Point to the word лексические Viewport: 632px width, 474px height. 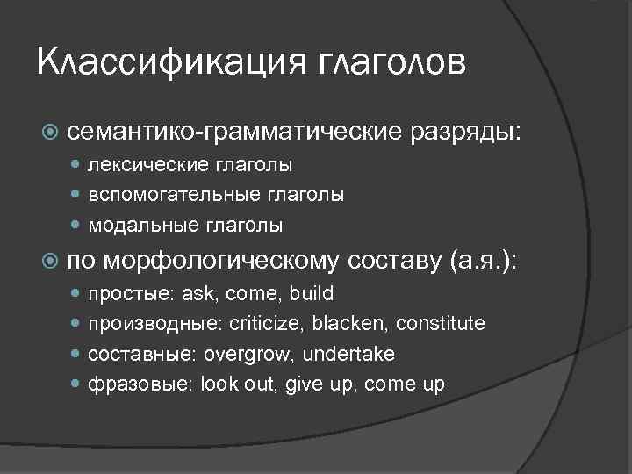pyautogui.click(x=145, y=164)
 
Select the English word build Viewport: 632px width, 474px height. pyautogui.click(x=312, y=293)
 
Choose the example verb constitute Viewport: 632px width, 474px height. pyautogui.click(x=440, y=323)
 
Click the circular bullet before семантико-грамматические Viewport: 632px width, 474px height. pyautogui.click(x=51, y=133)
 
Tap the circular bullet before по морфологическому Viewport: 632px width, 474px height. pyautogui.click(x=51, y=262)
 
